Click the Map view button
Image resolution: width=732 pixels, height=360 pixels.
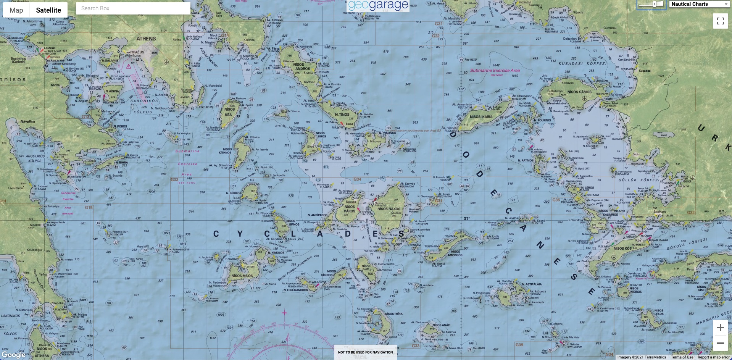[x=16, y=10]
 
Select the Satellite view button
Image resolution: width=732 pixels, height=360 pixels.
[x=48, y=10]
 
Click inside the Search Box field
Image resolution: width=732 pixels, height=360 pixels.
[x=133, y=8]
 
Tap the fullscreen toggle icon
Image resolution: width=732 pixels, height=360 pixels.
[x=720, y=21]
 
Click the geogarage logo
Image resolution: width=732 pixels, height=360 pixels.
[x=378, y=6]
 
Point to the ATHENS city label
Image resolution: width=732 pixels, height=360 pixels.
[x=146, y=39]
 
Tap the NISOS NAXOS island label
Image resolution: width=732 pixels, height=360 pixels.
[x=389, y=209]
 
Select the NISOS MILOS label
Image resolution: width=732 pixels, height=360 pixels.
[x=242, y=276]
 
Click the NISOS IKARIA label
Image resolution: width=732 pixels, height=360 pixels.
[x=481, y=117]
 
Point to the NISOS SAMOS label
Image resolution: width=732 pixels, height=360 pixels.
[x=579, y=92]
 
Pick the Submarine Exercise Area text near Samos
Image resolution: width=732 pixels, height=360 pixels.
[x=495, y=71]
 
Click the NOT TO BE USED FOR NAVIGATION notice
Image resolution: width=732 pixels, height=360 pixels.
[x=365, y=352]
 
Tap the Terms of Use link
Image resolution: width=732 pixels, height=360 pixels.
[x=682, y=357]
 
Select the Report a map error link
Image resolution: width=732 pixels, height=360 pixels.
[x=713, y=357]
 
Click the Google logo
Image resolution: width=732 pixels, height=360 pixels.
[x=13, y=355]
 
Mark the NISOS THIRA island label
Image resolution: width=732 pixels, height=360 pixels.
[x=393, y=314]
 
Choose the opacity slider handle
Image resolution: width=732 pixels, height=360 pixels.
[x=655, y=4]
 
